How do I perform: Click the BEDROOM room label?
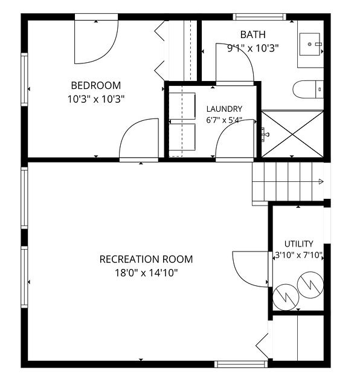click(96, 85)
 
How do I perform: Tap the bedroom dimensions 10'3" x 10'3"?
click(96, 99)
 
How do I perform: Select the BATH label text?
click(253, 34)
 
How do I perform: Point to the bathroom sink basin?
click(310, 44)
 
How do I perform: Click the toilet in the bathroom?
click(308, 89)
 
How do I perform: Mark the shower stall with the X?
click(292, 134)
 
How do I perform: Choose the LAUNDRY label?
click(224, 109)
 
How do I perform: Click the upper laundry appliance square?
click(182, 106)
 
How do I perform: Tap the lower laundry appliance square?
click(182, 137)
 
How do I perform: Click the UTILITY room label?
click(298, 244)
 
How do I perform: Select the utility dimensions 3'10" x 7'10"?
click(298, 255)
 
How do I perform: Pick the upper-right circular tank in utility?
click(310, 285)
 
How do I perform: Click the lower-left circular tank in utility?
click(286, 297)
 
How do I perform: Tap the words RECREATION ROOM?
click(146, 259)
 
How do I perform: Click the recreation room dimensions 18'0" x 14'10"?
click(146, 273)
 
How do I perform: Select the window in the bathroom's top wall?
click(260, 17)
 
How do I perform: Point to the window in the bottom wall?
click(241, 364)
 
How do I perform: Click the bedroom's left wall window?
click(24, 79)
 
